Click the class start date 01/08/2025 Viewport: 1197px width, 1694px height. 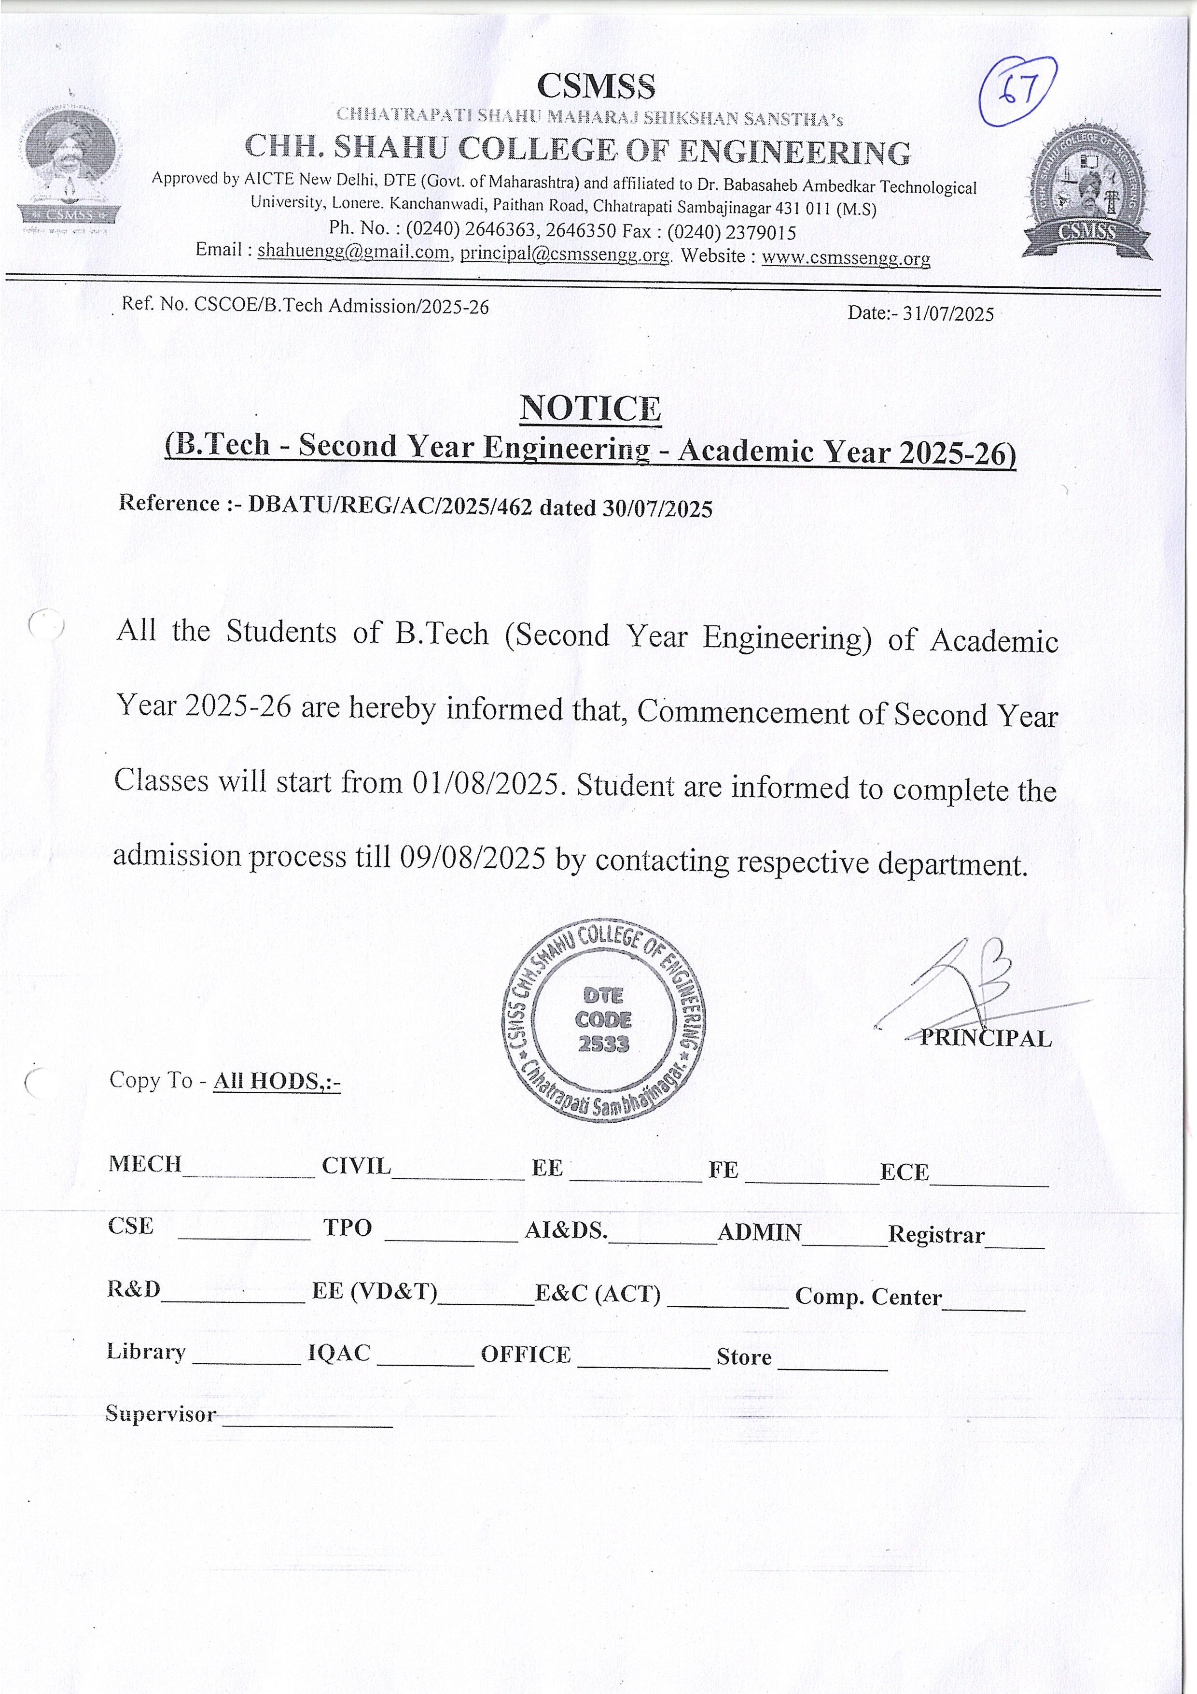coord(485,783)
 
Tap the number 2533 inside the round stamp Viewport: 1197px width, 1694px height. coord(603,1044)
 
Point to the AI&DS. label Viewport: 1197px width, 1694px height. coord(566,1230)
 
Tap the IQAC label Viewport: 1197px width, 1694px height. coord(338,1353)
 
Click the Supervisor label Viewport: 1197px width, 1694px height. coord(161,1413)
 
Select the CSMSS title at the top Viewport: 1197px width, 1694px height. coord(596,86)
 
